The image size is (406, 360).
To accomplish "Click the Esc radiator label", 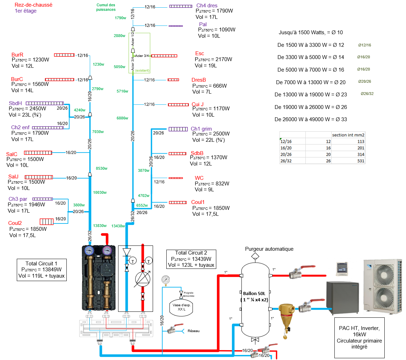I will coord(200,53).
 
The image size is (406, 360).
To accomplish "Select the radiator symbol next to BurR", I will coord(64,55).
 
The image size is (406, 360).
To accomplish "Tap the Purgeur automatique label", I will coord(269,249).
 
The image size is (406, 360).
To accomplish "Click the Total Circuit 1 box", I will coord(41,270).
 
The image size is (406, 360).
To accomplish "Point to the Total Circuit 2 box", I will coord(191,259).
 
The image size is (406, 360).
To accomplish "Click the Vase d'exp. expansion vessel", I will coord(181,307).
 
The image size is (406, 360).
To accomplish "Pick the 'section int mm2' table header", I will coord(348,135).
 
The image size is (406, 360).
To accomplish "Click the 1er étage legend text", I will coord(26,11).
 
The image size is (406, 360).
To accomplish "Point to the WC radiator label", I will coord(199,178).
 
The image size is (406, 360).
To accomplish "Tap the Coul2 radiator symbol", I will coord(46,221).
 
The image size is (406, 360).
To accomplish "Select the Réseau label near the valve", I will coord(194,331).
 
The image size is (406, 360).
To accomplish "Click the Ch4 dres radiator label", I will coord(207,6).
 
